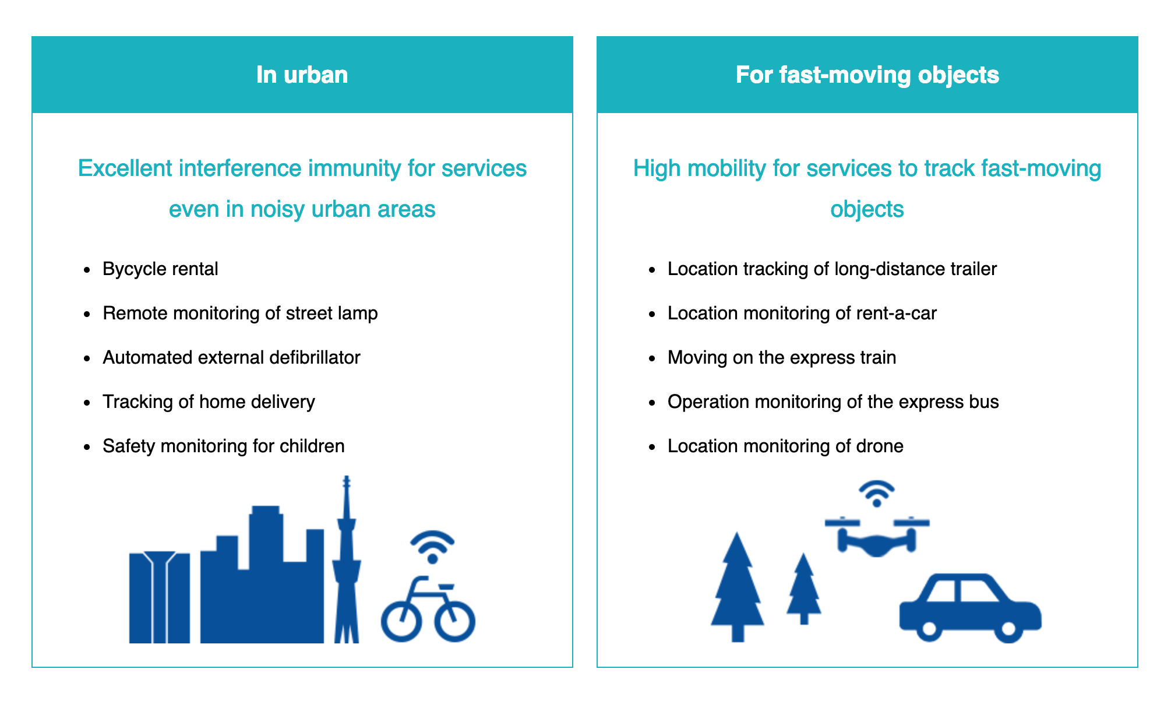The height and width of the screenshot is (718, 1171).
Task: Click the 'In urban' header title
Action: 302,75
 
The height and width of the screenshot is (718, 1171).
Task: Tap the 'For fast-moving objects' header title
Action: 867,75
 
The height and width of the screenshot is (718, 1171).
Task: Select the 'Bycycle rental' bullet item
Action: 160,269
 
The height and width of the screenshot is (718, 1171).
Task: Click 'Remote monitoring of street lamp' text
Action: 240,314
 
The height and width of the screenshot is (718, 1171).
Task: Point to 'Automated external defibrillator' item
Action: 231,357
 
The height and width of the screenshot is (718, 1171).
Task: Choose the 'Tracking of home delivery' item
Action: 209,402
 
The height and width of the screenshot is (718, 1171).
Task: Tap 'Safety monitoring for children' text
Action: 224,446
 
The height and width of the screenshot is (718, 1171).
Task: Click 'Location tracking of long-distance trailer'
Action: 832,269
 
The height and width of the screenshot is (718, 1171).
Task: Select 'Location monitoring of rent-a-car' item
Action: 802,314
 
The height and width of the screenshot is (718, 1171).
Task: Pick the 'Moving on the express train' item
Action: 782,357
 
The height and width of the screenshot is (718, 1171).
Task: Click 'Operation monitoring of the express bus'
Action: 833,402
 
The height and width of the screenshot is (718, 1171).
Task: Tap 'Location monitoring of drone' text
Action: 785,446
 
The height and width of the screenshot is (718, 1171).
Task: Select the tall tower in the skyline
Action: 347,559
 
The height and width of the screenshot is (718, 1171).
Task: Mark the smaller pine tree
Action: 804,589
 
